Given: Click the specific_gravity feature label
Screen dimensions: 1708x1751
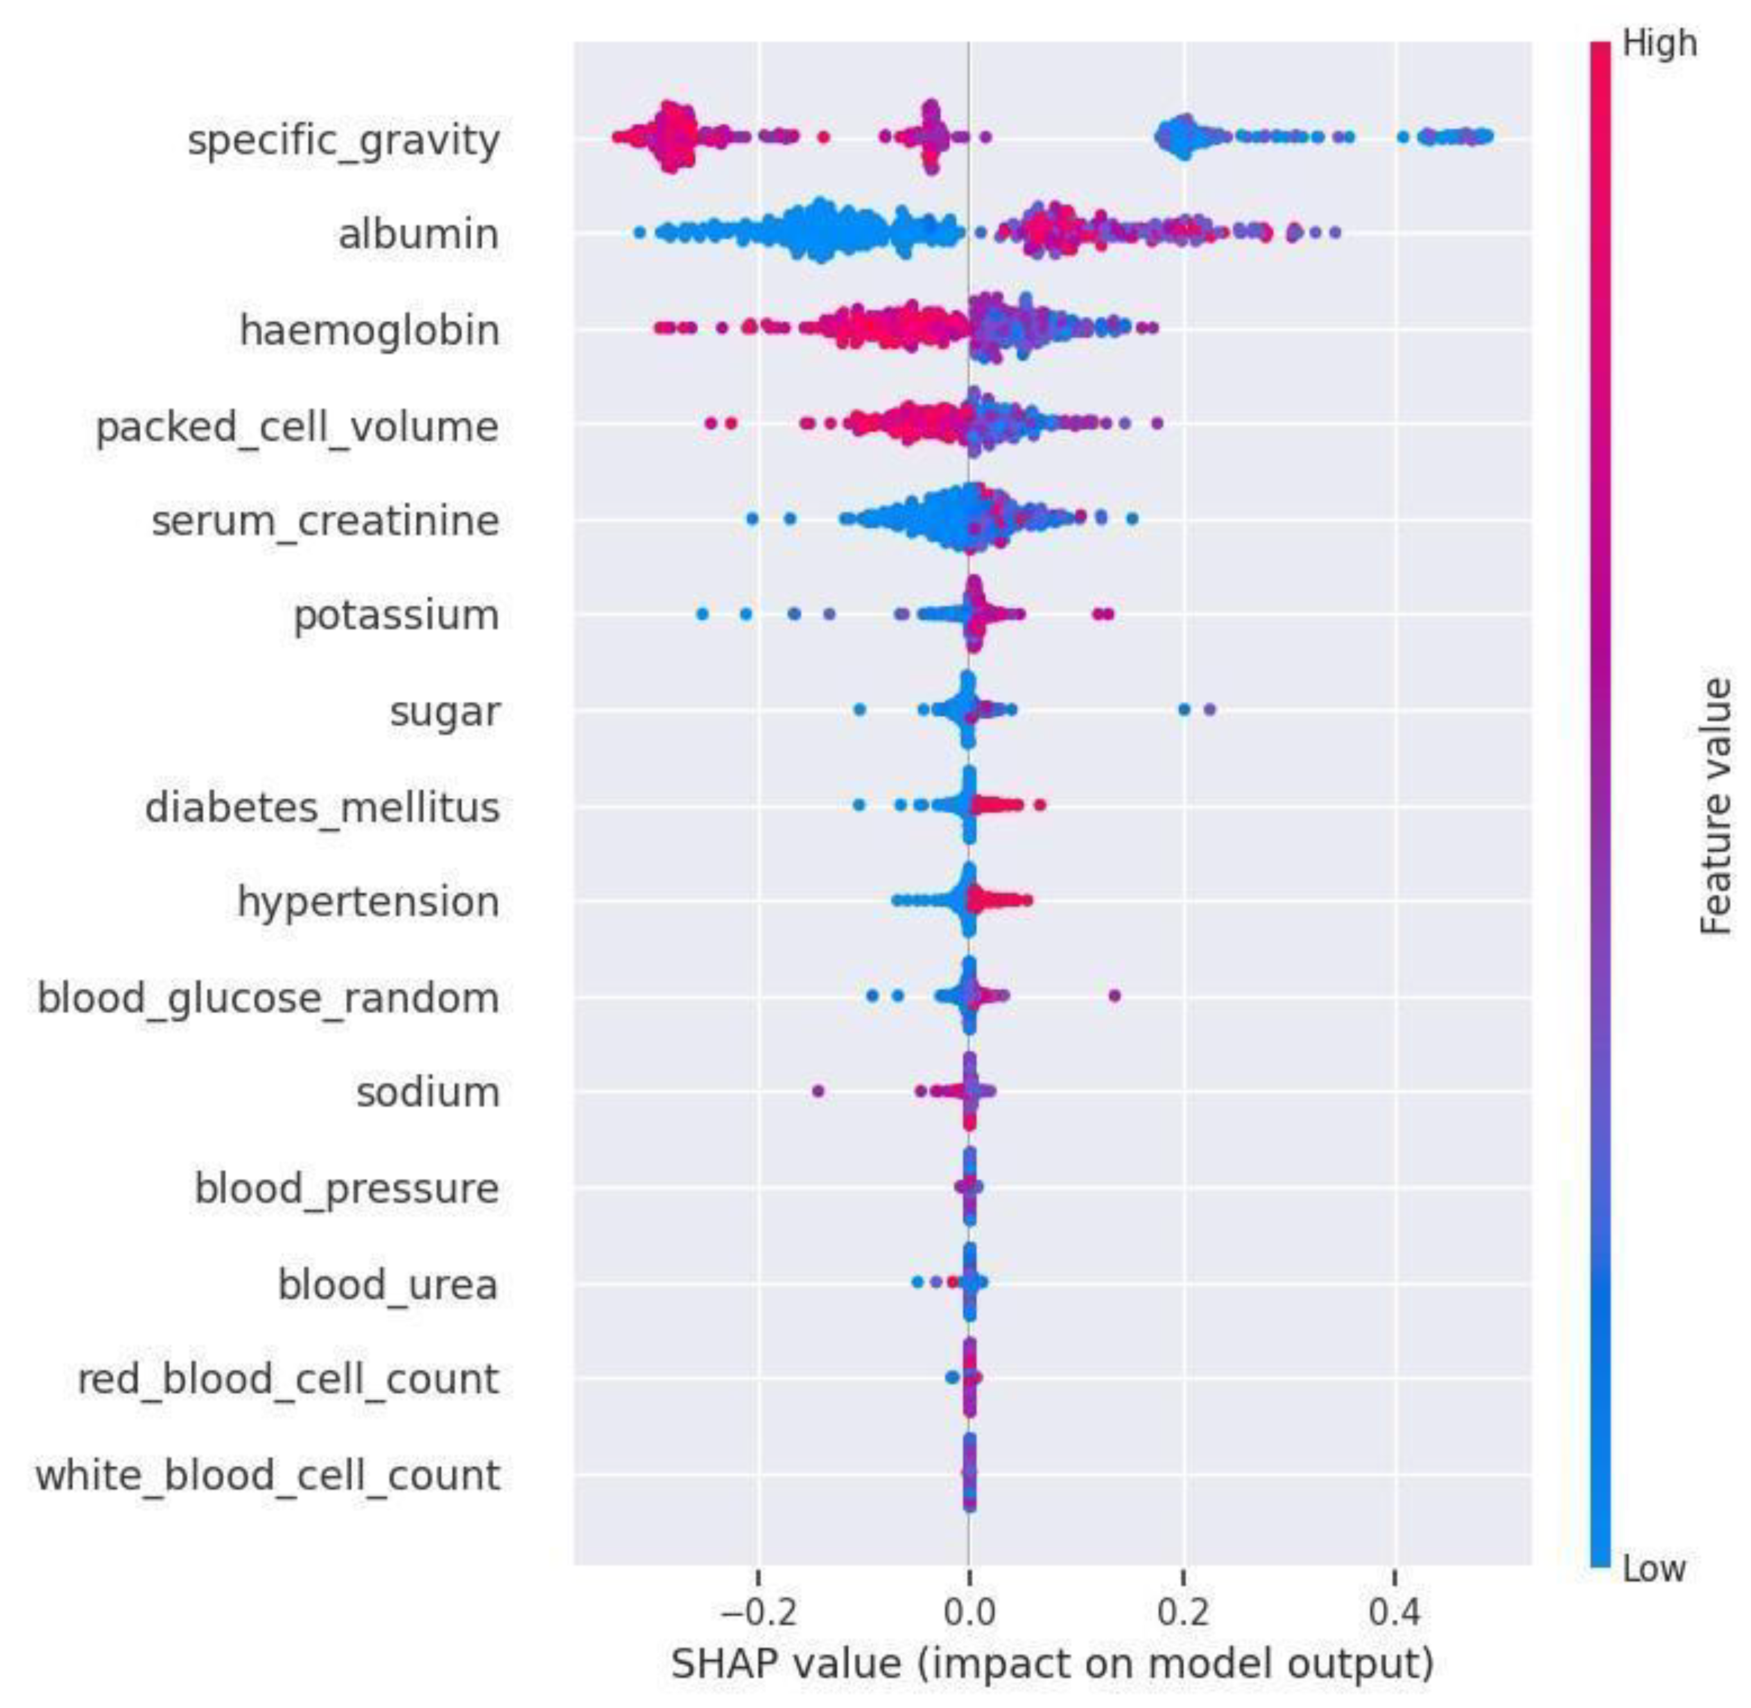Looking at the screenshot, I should (x=343, y=141).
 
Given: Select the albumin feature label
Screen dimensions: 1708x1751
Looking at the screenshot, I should (x=418, y=234).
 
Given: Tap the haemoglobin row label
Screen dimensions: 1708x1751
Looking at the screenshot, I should (x=369, y=330).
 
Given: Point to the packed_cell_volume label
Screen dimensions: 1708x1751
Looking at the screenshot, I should (x=297, y=427).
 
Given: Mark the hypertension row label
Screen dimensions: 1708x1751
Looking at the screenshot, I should (x=368, y=902).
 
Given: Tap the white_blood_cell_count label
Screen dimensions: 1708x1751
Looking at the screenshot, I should (x=267, y=1475).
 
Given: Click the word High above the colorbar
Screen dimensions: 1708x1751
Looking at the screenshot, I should (x=1659, y=43).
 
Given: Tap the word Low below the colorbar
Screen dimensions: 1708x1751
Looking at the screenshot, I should (x=1654, y=1569).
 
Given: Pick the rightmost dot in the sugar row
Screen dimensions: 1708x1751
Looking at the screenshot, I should (x=1209, y=709).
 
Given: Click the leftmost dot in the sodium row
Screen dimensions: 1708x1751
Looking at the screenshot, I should (x=817, y=1091).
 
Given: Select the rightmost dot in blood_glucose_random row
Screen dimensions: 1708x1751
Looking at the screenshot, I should (x=1115, y=995).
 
